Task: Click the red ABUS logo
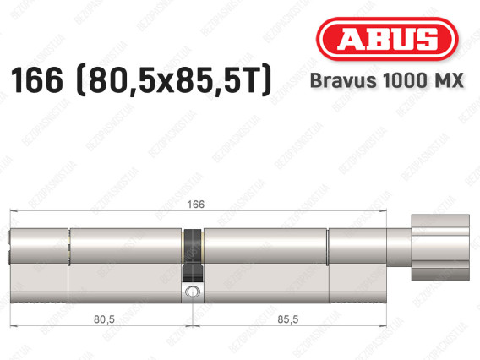pos(387,39)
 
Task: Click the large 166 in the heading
pos(36,80)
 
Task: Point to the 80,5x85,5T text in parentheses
pos(175,80)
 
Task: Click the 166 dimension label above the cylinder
pos(195,205)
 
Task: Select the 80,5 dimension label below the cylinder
pos(104,319)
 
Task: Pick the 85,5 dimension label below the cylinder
pos(288,319)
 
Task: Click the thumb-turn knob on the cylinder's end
pos(440,248)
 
